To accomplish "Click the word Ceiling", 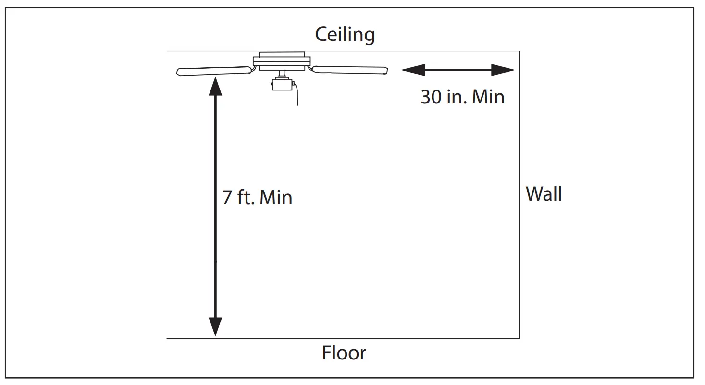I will coord(345,35).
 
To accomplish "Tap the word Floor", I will coord(344,353).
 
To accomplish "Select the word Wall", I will coord(544,194).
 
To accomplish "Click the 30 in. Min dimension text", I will coord(462,97).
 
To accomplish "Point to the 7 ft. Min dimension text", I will coord(257,198).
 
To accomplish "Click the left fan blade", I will coord(214,71).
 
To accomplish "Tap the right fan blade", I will coord(350,70).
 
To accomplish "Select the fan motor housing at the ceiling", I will coord(282,61).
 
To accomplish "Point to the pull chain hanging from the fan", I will coord(297,94).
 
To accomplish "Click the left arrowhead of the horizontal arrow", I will coord(412,70).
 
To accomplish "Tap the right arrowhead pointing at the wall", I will coord(504,70).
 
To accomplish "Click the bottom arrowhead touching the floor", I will coord(215,327).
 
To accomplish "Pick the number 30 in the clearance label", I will coord(431,97).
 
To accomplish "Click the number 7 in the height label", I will coord(227,198).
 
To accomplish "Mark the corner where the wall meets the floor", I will coord(519,338).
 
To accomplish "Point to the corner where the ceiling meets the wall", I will coord(519,51).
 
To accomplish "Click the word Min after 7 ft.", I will coord(276,198).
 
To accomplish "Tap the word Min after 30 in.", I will coord(488,97).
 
